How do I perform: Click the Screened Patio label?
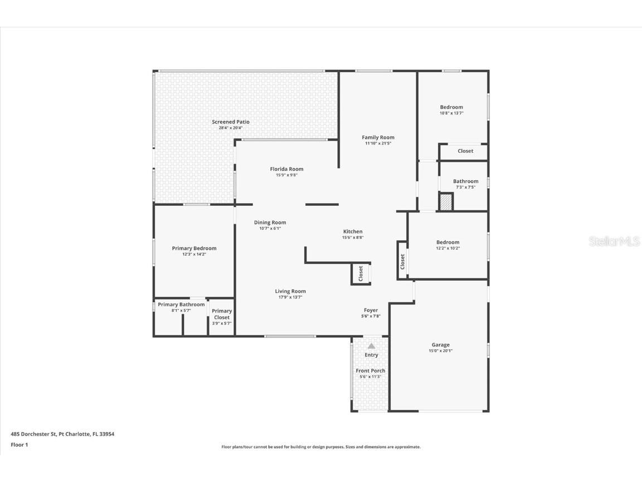click(x=231, y=122)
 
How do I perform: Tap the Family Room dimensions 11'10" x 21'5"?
click(x=378, y=143)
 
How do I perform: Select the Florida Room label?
click(x=286, y=169)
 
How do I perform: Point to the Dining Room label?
click(x=270, y=223)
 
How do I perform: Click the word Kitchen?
click(x=353, y=232)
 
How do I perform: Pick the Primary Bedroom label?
click(x=194, y=248)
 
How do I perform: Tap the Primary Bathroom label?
click(x=181, y=305)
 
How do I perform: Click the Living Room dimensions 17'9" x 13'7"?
click(x=290, y=297)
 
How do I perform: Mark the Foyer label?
click(x=371, y=310)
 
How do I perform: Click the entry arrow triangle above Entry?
click(x=371, y=346)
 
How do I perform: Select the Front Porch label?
click(x=371, y=370)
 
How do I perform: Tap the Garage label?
click(x=440, y=345)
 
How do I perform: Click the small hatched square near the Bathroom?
click(x=446, y=202)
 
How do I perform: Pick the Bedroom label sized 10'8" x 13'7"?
click(x=451, y=107)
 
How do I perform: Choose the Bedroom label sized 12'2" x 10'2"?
click(x=448, y=242)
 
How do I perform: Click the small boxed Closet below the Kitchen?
click(x=361, y=273)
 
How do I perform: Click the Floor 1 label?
click(x=19, y=445)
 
